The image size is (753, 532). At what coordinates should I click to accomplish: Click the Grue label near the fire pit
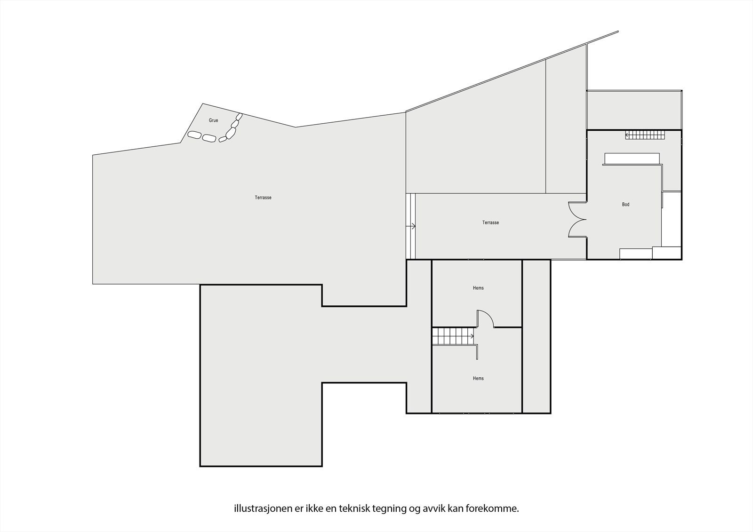pyautogui.click(x=213, y=120)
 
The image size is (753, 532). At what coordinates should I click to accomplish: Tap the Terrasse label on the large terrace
pyautogui.click(x=263, y=198)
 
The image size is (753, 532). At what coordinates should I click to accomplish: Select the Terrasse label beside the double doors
pyautogui.click(x=490, y=222)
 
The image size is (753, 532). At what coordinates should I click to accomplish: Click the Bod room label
pyautogui.click(x=625, y=205)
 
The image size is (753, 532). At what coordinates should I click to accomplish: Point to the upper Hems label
pyautogui.click(x=478, y=288)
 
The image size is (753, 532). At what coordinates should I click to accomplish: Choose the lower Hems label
pyautogui.click(x=478, y=378)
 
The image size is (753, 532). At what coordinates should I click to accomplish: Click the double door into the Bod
pyautogui.click(x=577, y=219)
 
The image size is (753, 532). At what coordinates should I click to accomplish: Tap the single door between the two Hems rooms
pyautogui.click(x=485, y=318)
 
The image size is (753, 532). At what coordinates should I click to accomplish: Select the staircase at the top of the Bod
pyautogui.click(x=645, y=135)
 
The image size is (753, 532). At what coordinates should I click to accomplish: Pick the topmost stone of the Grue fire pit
pyautogui.click(x=239, y=116)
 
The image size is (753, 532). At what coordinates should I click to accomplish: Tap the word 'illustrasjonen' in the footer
pyautogui.click(x=257, y=508)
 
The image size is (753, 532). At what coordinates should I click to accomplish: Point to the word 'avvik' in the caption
pyautogui.click(x=431, y=508)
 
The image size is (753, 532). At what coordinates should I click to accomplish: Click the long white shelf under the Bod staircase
pyautogui.click(x=632, y=159)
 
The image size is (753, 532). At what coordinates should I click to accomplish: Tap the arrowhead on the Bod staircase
pyautogui.click(x=627, y=135)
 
